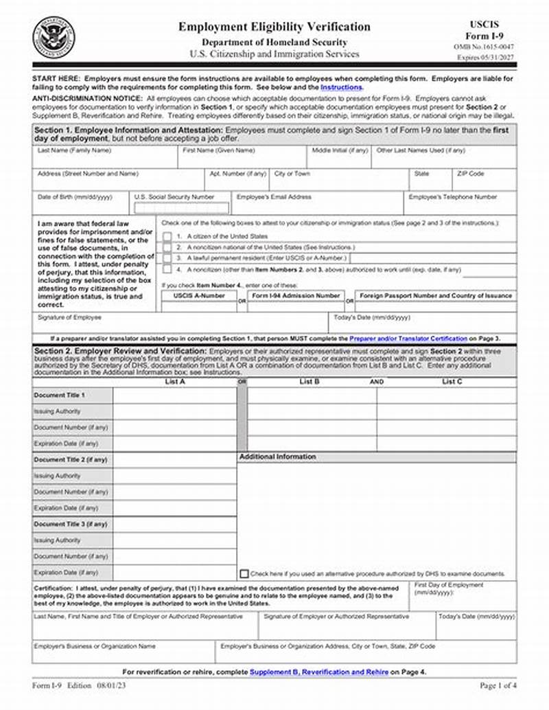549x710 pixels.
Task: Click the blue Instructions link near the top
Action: pos(341,88)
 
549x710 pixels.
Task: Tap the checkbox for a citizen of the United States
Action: pos(167,236)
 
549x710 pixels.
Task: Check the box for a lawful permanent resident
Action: pos(167,258)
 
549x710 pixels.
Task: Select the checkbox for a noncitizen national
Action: pos(167,247)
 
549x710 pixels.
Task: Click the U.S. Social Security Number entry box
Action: pos(182,207)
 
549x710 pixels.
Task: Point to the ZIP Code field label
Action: pos(471,174)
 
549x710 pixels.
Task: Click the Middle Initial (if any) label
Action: pos(340,150)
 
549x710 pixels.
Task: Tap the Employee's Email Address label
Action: pos(274,196)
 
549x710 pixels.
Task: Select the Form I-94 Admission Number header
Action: pos(296,295)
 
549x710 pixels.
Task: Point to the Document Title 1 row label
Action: pos(59,396)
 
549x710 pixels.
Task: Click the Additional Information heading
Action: pos(277,457)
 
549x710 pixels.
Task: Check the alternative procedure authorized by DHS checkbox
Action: pos(244,573)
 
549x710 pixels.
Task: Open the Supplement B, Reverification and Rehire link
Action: pos(319,672)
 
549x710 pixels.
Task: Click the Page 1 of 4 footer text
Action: pos(497,686)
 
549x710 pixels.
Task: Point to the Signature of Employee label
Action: pos(69,317)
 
